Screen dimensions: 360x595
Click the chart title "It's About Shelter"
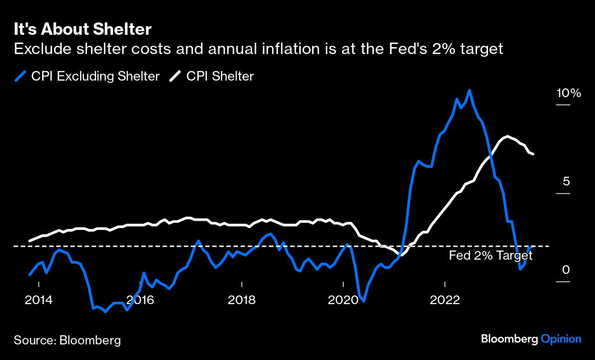82,30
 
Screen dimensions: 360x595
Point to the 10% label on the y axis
568,93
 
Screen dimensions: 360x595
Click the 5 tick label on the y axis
566,182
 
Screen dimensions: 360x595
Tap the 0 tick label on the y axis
566,270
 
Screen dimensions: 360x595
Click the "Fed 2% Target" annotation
490,256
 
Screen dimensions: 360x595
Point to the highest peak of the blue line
470,90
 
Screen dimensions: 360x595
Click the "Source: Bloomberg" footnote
67,340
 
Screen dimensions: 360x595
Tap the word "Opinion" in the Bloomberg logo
561,339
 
